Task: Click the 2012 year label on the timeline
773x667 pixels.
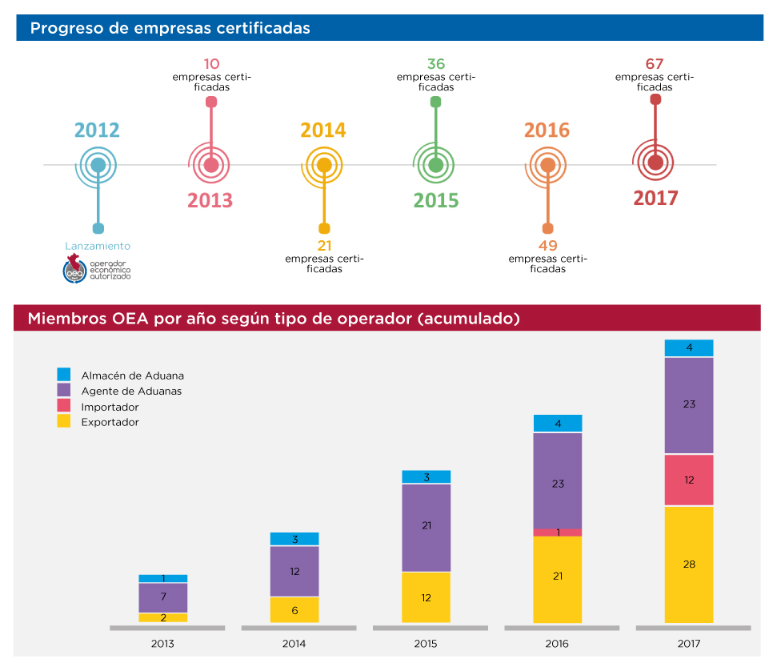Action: pos(97,130)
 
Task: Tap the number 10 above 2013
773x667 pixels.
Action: pos(211,64)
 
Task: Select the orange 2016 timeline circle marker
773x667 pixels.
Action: pos(547,165)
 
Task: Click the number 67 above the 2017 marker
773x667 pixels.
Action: pos(655,64)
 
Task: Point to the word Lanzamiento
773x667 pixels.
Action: pos(97,247)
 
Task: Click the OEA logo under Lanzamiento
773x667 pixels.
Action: pos(75,270)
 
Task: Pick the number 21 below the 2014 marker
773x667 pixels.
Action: pos(324,246)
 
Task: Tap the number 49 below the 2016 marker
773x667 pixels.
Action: pos(547,246)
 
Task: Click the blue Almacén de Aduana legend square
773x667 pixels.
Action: pos(64,374)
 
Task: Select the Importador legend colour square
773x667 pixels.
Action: pos(64,406)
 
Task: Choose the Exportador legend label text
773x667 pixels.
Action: pos(110,422)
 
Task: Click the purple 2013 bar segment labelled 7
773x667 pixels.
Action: pos(162,597)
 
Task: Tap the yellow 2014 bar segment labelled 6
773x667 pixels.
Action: pos(294,610)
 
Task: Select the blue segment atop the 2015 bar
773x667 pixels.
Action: pos(426,477)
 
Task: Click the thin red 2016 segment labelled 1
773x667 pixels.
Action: pos(557,532)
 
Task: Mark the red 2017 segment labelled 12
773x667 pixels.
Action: pos(688,480)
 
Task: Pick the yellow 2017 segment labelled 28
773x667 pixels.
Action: pos(688,565)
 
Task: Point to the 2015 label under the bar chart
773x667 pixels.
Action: pos(425,643)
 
